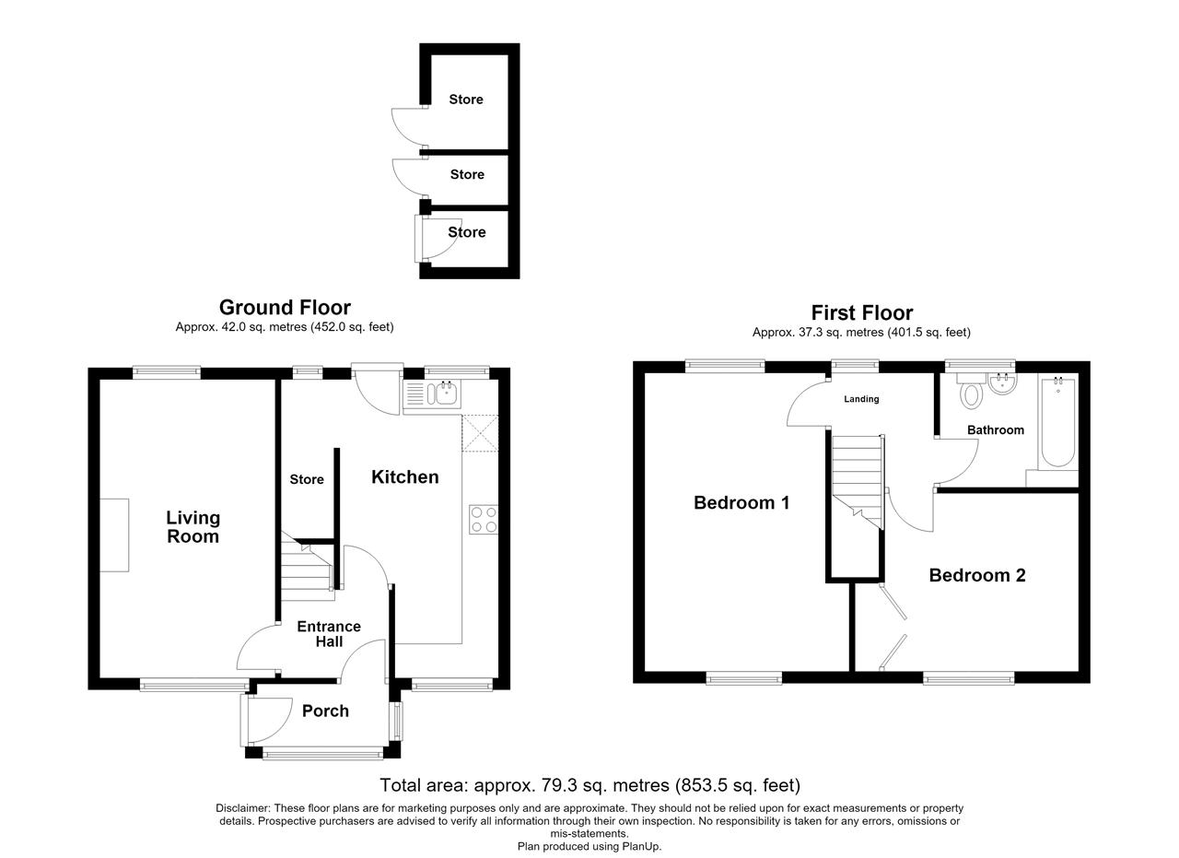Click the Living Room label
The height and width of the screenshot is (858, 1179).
tap(193, 527)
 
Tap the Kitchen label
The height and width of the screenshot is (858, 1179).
tap(404, 476)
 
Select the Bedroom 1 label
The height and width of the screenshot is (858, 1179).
tap(741, 502)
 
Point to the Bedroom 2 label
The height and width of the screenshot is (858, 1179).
tap(977, 575)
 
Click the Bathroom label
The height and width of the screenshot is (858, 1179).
tap(996, 429)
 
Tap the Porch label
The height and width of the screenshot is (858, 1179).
tap(325, 711)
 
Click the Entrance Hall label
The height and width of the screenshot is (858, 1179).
tap(329, 634)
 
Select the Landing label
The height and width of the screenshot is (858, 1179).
tap(861, 399)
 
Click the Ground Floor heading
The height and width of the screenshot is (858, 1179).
tap(285, 307)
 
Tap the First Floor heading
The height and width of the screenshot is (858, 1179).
tap(861, 312)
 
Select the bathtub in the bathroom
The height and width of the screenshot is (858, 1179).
tap(1058, 422)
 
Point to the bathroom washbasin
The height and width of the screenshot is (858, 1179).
tap(1002, 383)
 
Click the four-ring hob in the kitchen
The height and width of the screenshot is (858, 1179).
tap(484, 520)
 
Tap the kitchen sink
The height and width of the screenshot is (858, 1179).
tap(432, 394)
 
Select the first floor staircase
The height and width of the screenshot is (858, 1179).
tap(857, 483)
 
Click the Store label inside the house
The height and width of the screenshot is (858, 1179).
tap(307, 479)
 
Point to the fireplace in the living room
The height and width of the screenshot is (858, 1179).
tap(114, 535)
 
